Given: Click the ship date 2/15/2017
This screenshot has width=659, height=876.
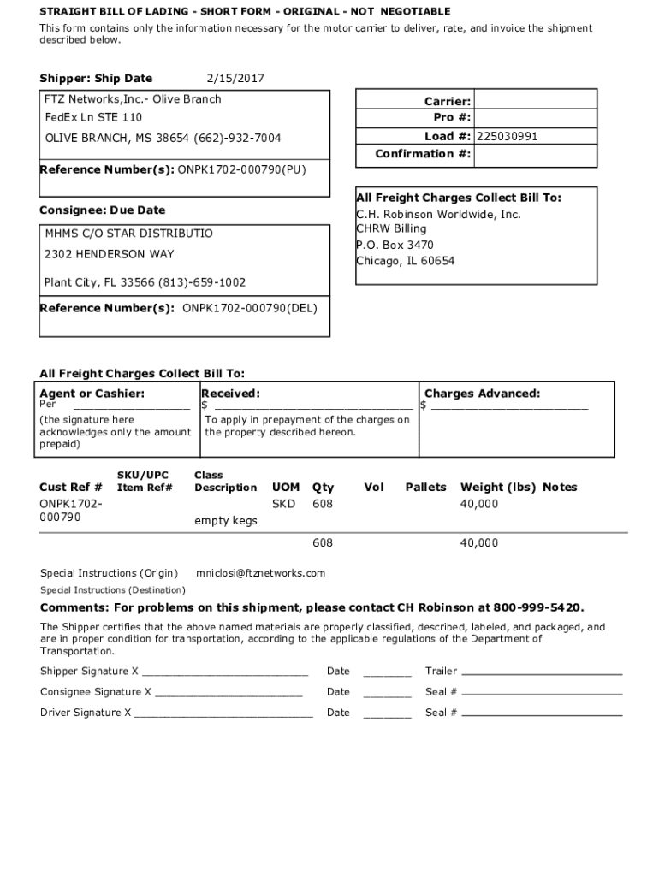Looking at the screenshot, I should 236,79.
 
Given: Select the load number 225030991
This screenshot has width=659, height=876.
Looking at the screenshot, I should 508,136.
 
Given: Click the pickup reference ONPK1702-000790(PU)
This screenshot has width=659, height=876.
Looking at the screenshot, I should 241,169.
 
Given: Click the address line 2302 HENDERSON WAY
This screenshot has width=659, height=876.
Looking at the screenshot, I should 109,254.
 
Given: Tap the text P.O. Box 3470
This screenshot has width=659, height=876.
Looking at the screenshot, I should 395,246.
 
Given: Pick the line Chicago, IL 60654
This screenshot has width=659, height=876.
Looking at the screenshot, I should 406,261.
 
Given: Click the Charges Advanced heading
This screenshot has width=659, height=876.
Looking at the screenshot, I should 482,394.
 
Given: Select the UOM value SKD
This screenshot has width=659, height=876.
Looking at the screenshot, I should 283,504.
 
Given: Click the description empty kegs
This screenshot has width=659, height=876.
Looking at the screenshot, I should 226,520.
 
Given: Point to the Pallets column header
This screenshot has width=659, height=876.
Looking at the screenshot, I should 425,488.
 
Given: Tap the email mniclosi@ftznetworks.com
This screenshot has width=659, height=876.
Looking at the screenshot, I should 261,573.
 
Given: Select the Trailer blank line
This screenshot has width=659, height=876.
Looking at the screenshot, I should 542,671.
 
